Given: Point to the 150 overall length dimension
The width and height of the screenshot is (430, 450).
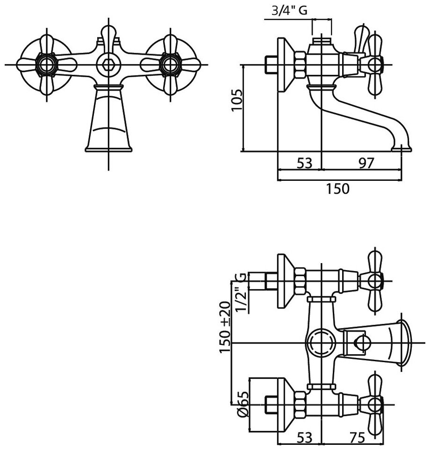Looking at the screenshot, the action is [338, 189].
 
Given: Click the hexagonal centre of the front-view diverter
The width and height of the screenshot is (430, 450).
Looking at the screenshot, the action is [108, 64].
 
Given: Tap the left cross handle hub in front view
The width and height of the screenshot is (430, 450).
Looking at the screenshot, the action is [46, 64].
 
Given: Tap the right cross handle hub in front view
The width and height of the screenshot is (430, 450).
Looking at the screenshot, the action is [169, 64].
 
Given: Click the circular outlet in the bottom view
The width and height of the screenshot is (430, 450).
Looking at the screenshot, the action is [321, 343].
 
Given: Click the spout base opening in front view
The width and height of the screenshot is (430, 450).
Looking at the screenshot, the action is [108, 149].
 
